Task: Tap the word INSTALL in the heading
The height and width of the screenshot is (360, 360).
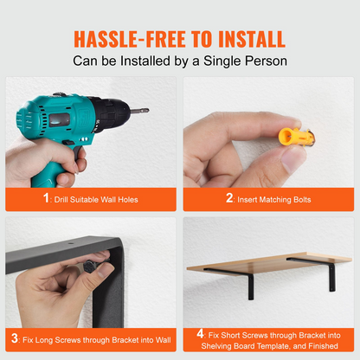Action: [252, 39]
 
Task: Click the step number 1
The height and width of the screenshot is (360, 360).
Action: [46, 198]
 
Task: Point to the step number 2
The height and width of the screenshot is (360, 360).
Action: [229, 198]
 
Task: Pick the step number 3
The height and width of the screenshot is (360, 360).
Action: [15, 338]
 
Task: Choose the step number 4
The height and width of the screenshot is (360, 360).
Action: [201, 333]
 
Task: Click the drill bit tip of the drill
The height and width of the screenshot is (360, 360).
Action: [146, 110]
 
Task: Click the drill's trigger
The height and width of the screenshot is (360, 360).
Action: [78, 152]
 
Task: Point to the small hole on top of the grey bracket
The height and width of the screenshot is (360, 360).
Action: [70, 243]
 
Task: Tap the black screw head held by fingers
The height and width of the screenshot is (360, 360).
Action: [88, 267]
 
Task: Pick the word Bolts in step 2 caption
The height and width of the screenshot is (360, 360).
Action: [302, 200]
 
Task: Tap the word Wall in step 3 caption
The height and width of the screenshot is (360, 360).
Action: [164, 340]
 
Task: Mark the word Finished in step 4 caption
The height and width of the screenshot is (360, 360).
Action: [323, 346]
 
